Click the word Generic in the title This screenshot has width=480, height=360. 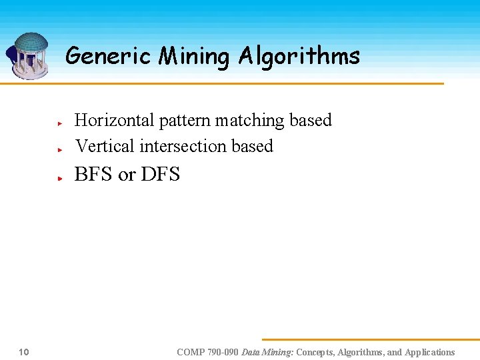coord(109,56)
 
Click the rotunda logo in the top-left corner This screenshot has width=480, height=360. coord(29,55)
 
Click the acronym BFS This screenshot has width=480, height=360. coord(93,175)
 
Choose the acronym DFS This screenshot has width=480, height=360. coord(161,175)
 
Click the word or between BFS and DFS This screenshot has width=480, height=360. coord(127,176)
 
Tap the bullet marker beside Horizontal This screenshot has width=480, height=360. coord(59,124)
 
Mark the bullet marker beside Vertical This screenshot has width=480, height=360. coord(59,150)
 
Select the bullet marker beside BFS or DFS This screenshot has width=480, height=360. coord(59,179)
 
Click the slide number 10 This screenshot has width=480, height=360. coord(23,352)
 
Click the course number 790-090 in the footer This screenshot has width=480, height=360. coord(223,352)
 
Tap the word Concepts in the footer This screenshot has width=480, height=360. coord(315,352)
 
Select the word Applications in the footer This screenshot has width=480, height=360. coord(429,352)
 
